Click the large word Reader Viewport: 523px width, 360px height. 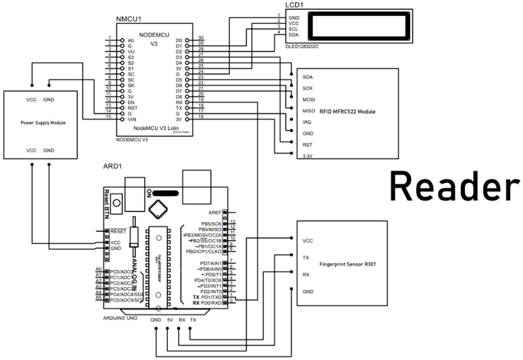[454, 187]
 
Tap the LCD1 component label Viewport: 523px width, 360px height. [294, 5]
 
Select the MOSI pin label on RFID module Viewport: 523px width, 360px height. [309, 99]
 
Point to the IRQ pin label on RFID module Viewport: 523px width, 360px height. [307, 122]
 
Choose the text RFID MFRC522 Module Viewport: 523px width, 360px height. [347, 111]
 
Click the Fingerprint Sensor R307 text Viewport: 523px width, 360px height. [348, 265]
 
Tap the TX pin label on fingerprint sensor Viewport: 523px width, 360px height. [306, 257]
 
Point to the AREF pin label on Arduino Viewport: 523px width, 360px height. [214, 212]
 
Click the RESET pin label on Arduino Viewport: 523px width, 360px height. [118, 231]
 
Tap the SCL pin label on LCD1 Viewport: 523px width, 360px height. [293, 29]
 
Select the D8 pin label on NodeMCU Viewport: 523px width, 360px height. [179, 97]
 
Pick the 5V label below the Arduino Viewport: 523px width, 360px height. [170, 320]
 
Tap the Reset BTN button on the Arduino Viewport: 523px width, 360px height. [117, 202]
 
